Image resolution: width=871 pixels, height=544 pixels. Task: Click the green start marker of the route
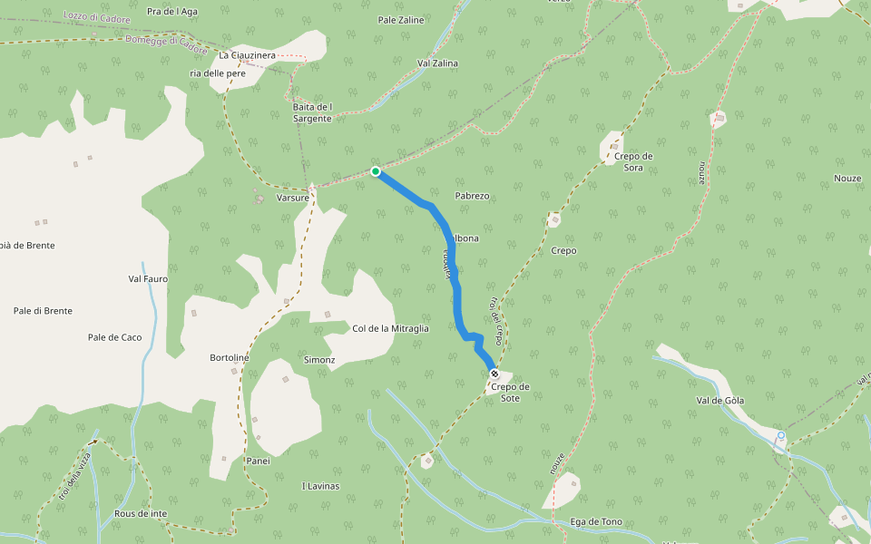[x=376, y=170]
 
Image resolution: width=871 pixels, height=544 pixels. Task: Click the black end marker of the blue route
[x=494, y=374]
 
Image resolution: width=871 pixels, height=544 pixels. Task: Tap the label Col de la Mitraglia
[x=390, y=328]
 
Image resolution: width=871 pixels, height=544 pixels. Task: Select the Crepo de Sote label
[x=510, y=392]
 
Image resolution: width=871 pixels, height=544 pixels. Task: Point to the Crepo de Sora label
[x=633, y=161]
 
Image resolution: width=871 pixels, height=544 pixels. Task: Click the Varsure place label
[x=293, y=196]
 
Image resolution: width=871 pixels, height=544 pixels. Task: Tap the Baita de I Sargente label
[x=313, y=112]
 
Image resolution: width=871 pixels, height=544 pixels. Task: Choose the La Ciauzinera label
[x=247, y=55]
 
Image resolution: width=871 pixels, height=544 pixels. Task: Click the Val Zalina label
[x=437, y=63]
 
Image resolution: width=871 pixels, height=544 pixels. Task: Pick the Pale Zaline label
[x=401, y=19]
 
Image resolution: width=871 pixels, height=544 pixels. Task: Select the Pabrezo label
[x=472, y=196]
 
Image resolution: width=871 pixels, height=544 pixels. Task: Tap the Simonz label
[x=319, y=360]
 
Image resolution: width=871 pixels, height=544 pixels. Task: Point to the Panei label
[x=258, y=461]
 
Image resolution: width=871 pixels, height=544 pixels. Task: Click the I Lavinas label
[x=320, y=486]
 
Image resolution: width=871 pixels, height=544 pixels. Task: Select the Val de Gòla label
[x=720, y=400]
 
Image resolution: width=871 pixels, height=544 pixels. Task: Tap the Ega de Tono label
[x=596, y=521]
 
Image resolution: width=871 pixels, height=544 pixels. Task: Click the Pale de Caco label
[x=114, y=337]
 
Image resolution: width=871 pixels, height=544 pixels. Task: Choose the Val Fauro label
[x=148, y=278]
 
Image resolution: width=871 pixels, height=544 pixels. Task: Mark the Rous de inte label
[x=141, y=513]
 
